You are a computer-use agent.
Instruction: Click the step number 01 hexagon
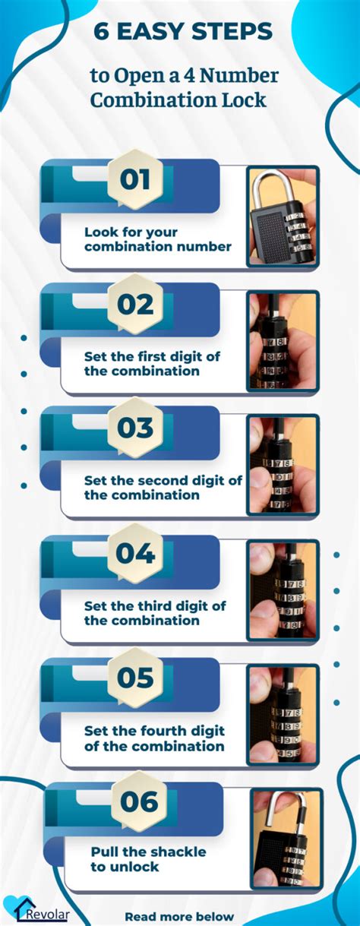pos(135,180)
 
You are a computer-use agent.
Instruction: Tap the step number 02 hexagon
pos(135,305)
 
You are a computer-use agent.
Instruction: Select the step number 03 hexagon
pos(135,428)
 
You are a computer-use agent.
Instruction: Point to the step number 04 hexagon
pos(135,553)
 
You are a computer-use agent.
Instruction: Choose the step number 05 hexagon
pos(135,677)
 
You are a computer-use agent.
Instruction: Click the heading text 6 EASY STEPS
pos(182,32)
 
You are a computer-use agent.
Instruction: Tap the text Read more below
pos(179,916)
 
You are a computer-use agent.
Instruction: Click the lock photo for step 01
pos(283,216)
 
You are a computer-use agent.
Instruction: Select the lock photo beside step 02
pos(283,340)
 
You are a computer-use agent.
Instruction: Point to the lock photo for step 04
pos(283,589)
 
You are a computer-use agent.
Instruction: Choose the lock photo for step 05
pos(283,713)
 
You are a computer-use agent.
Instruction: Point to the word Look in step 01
pos(99,232)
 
